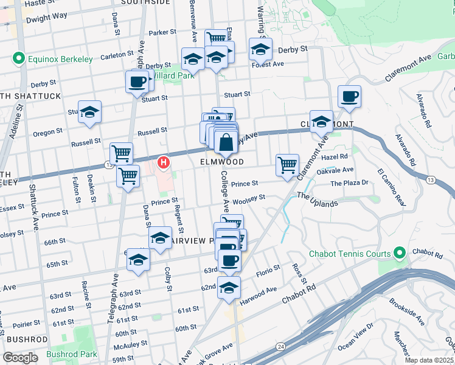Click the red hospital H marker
[x=164, y=162]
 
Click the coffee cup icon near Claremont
[x=349, y=97]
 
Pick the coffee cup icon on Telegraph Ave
[x=137, y=81]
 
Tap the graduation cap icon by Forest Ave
[x=260, y=49]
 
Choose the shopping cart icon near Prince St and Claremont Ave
[x=287, y=164]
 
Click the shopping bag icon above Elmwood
[x=226, y=144]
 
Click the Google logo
[x=20, y=357]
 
